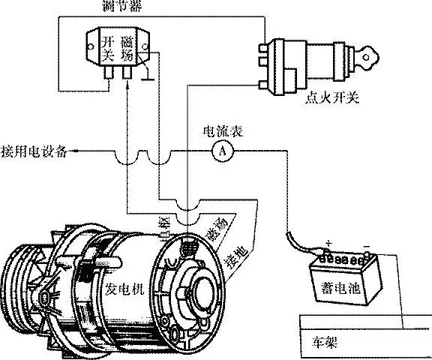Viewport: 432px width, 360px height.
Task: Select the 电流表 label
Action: click(223, 131)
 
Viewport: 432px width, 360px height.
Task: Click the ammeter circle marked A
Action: click(222, 151)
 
